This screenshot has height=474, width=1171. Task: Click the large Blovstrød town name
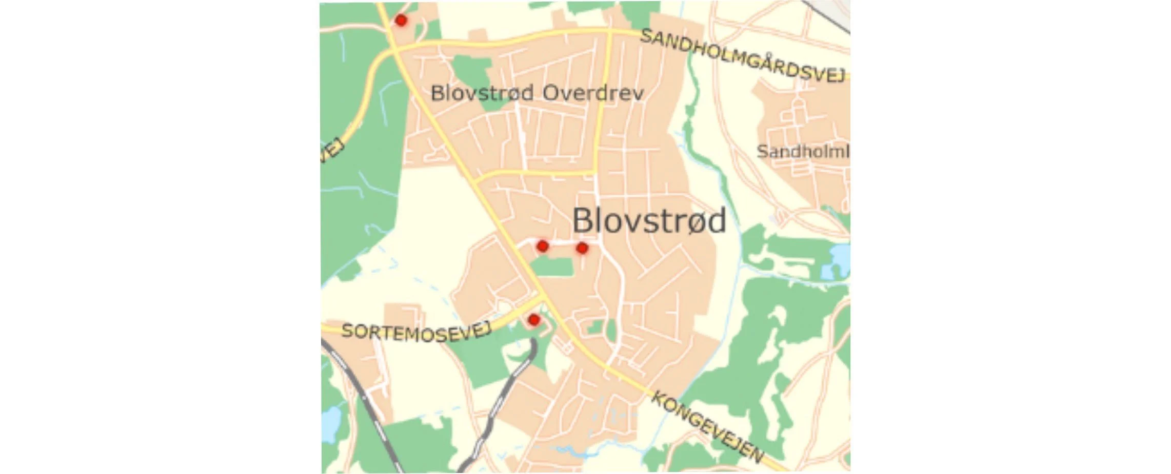649,220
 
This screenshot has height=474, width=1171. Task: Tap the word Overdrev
593,93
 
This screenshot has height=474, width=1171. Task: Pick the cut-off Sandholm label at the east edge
803,151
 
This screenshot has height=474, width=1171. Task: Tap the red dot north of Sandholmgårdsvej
401,20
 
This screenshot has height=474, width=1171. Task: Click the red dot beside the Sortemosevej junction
534,320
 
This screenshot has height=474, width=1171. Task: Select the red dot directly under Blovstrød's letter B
582,248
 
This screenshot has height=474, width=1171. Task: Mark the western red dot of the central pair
542,246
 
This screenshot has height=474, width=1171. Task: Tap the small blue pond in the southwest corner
331,423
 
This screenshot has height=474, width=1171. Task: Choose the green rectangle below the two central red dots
552,267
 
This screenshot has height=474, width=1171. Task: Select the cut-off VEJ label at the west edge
331,150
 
